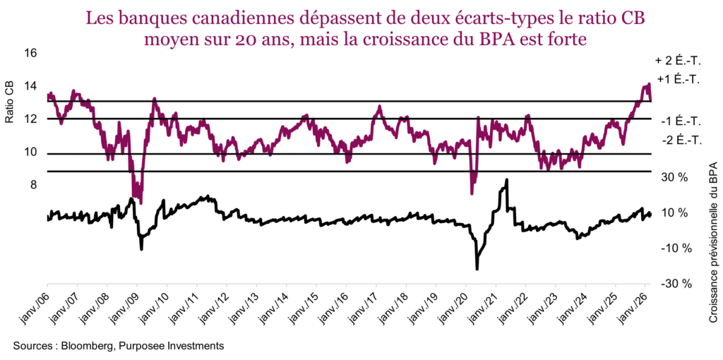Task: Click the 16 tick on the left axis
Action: tap(30, 54)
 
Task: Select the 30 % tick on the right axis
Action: tap(674, 177)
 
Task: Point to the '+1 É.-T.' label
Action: tap(679, 79)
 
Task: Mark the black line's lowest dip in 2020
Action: tap(477, 268)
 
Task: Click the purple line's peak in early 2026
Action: tap(647, 85)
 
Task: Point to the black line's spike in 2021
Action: tap(506, 181)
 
